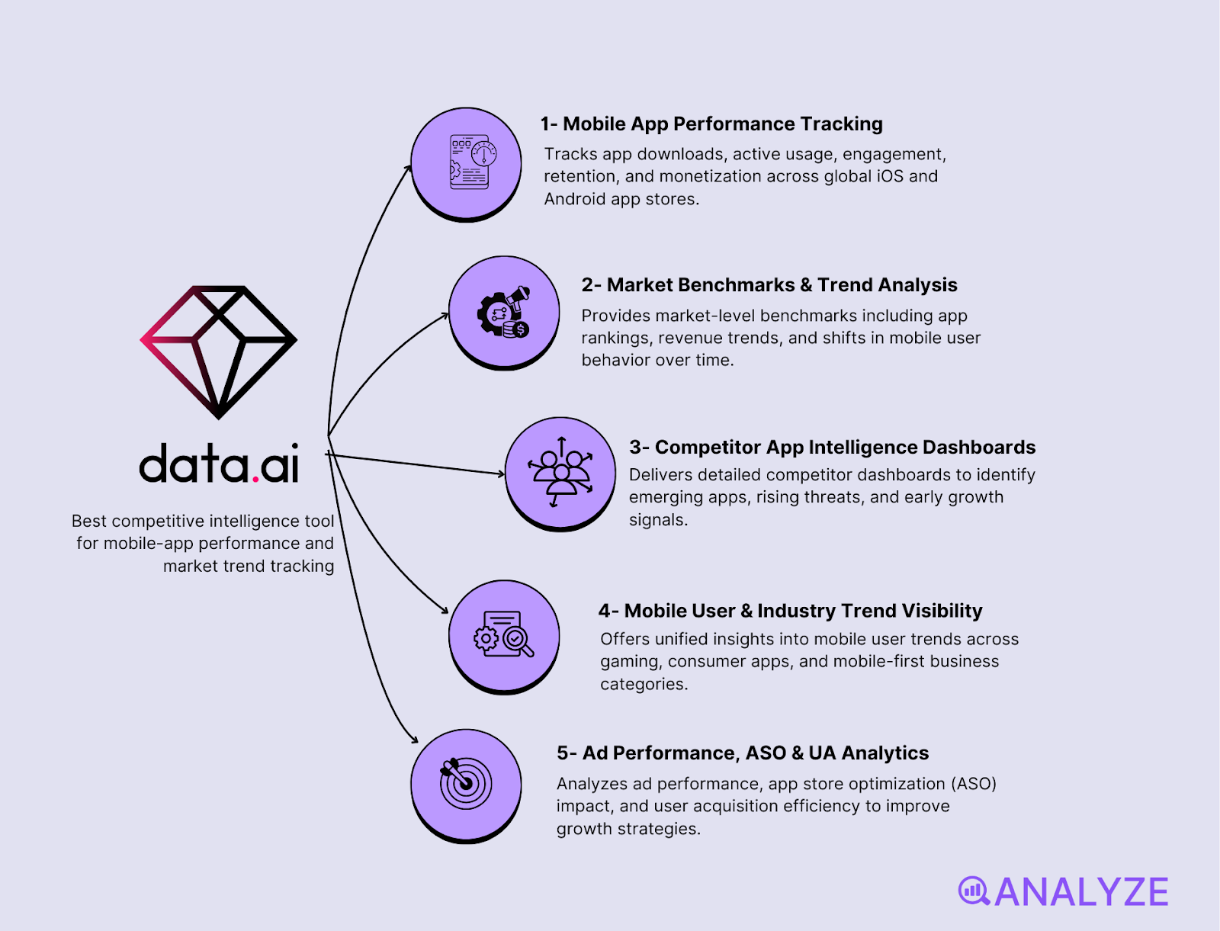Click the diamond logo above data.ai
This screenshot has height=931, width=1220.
[x=219, y=352]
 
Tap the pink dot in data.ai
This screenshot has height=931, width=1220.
[x=255, y=478]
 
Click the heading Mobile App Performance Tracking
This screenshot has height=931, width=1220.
[x=711, y=124]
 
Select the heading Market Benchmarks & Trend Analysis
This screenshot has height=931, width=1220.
[x=769, y=285]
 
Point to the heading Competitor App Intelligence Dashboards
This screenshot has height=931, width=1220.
[x=832, y=447]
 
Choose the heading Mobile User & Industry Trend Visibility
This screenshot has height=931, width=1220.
[x=790, y=611]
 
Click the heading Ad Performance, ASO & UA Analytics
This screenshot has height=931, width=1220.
[x=742, y=753]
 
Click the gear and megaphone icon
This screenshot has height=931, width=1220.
[x=504, y=312]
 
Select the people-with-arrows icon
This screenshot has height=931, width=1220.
[x=560, y=473]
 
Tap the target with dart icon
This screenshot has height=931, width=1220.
[x=465, y=783]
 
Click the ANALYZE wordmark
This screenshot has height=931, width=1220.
[x=1081, y=892]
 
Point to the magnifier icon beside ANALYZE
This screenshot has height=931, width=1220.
[x=974, y=891]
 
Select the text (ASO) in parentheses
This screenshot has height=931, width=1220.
[x=973, y=784]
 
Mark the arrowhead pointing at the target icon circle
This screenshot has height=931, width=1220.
[x=415, y=739]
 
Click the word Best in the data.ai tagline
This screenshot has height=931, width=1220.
[x=89, y=522]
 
